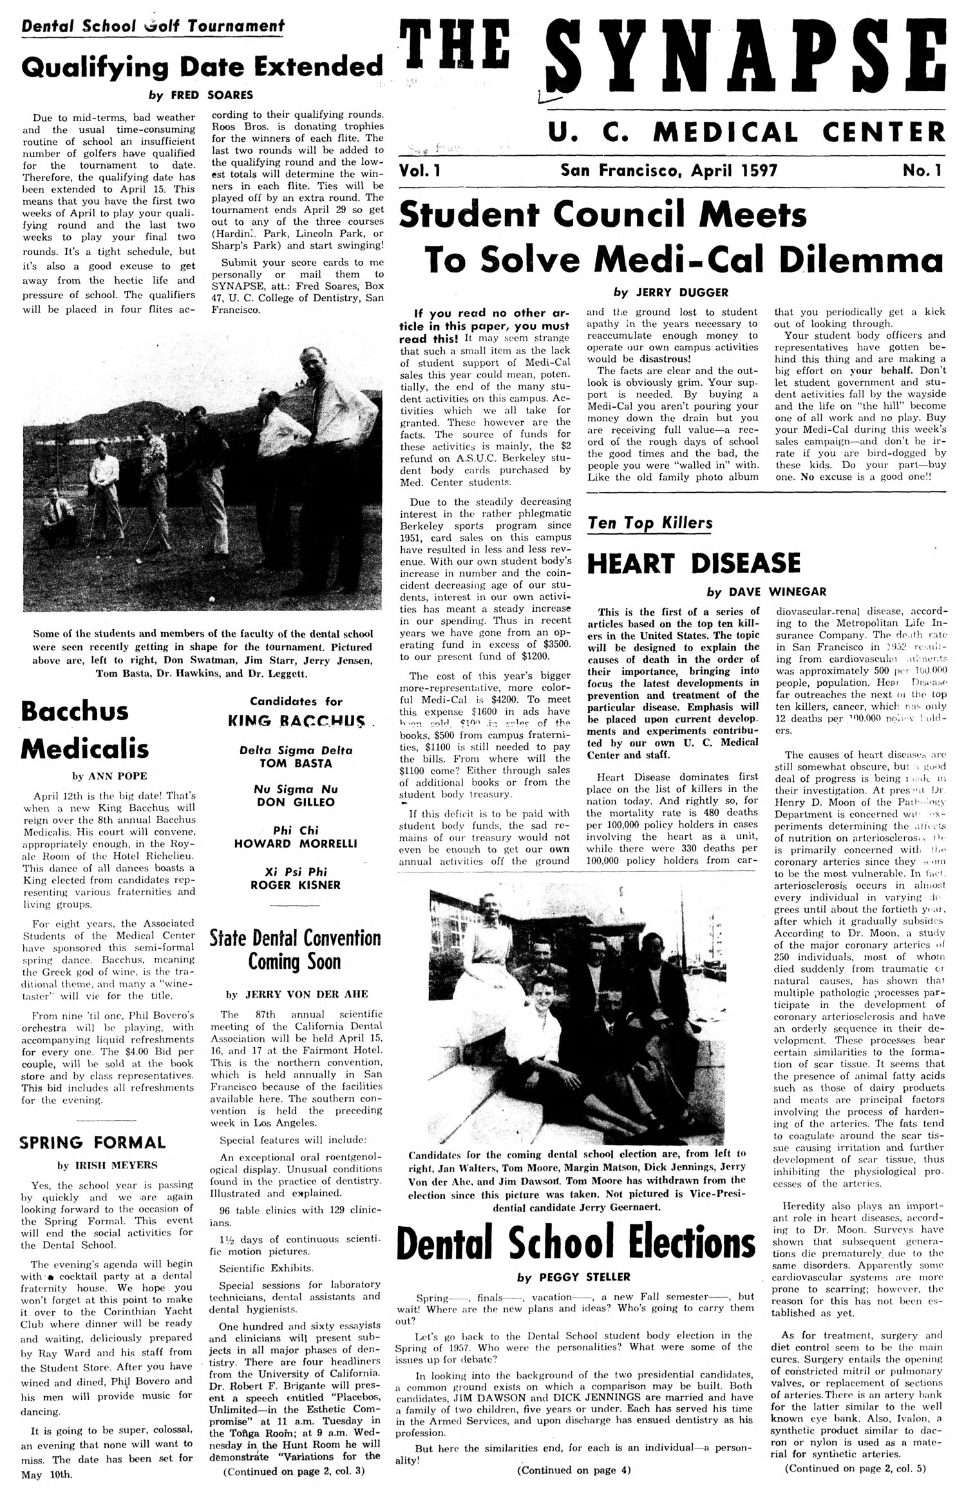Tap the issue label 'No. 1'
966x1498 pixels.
922,171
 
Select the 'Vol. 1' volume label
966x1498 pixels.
422,171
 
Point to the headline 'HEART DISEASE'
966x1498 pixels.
694,562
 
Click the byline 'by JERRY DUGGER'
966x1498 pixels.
670,292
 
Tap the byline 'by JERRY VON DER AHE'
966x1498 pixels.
295,994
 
